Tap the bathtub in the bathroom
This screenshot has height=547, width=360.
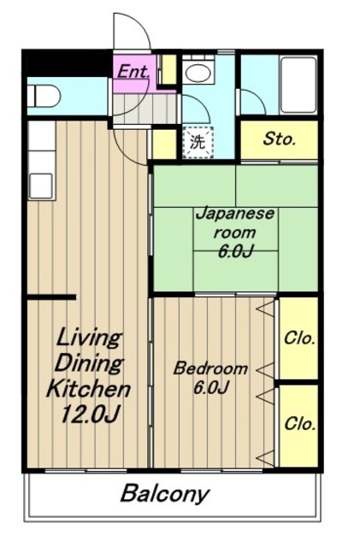[x=299, y=85]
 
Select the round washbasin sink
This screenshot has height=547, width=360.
[x=198, y=73]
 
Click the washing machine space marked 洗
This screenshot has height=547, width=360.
[x=198, y=143]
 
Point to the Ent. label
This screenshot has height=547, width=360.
[x=133, y=72]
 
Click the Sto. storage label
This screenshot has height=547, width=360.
[x=280, y=138]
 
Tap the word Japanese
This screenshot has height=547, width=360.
[x=234, y=214]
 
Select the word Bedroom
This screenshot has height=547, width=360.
[x=211, y=368]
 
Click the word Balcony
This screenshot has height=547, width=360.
[x=165, y=495]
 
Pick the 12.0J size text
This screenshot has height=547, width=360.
[x=90, y=415]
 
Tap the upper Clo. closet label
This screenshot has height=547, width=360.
[x=299, y=338]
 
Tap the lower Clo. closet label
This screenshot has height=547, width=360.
[x=299, y=424]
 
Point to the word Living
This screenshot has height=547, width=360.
[x=90, y=338]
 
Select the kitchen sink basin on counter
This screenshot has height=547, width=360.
[x=41, y=186]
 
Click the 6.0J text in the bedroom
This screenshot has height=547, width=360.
[x=211, y=387]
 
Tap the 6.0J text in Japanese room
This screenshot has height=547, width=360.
[x=234, y=251]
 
